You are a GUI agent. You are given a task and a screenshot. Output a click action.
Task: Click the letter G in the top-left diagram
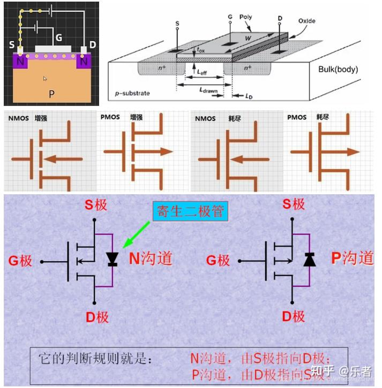[59, 39]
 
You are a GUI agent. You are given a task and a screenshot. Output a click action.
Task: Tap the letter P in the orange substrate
[51, 94]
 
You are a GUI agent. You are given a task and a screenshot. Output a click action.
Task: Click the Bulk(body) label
[338, 69]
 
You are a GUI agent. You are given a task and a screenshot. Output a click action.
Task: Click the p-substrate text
[132, 93]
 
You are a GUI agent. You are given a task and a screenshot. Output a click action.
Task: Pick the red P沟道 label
[351, 258]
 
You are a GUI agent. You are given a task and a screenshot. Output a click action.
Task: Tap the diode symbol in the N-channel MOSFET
[112, 259]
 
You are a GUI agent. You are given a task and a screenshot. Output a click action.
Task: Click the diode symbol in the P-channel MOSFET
[310, 260]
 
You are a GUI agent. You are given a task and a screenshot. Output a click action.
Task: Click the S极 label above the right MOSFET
[294, 204]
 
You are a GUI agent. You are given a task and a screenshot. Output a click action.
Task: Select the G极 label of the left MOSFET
[20, 261]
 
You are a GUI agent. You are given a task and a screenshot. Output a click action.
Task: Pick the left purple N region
[20, 60]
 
